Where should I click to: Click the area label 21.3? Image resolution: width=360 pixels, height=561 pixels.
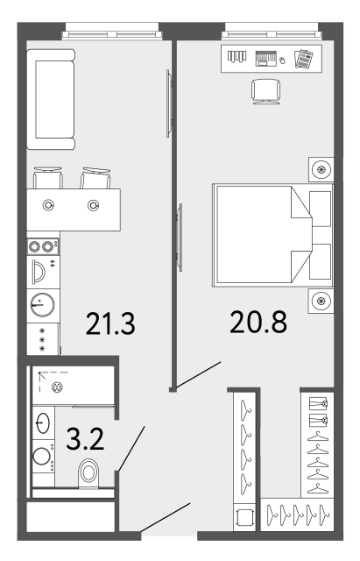click(110, 323)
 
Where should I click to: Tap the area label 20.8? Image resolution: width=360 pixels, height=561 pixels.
click(258, 322)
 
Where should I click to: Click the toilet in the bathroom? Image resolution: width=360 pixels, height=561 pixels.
click(88, 472)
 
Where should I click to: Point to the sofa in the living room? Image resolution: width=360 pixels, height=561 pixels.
click(51, 99)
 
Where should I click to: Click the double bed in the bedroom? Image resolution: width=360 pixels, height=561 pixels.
click(272, 236)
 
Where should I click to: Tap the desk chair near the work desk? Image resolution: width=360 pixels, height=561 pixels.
click(266, 91)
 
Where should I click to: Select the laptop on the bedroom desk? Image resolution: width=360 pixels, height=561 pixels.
click(266, 59)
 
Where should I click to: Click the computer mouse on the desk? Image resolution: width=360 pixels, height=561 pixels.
click(282, 60)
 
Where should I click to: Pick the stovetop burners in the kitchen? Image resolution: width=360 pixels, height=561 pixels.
click(43, 246)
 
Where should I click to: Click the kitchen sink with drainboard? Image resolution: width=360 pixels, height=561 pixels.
click(43, 271)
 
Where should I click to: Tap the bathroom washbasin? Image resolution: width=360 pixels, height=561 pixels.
click(43, 423)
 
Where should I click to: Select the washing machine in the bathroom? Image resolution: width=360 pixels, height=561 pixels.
click(43, 456)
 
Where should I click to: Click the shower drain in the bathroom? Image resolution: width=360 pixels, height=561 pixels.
click(57, 387)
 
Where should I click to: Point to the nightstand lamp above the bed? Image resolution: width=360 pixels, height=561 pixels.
click(321, 169)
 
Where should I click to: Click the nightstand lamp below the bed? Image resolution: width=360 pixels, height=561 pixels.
click(321, 301)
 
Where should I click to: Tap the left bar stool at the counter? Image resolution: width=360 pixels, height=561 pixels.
click(48, 178)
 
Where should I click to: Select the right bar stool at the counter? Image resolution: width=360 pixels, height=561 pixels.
click(95, 178)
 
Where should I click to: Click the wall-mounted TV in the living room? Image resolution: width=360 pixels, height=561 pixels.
click(169, 103)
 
